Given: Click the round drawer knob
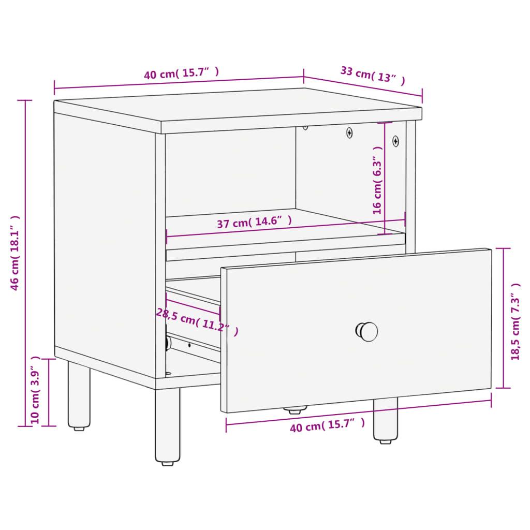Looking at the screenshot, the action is (x=367, y=331).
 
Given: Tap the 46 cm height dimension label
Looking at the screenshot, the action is (x=15, y=253).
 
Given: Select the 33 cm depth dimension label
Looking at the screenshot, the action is (x=373, y=76).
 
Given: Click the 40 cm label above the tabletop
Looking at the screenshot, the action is (x=182, y=73).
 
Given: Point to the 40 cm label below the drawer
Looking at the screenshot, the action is (x=327, y=425).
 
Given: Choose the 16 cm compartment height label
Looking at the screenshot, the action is (x=377, y=180).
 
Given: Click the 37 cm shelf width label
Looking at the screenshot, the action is (x=254, y=222).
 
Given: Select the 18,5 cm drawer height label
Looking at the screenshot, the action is (x=516, y=321).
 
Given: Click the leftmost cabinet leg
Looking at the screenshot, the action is (x=79, y=395).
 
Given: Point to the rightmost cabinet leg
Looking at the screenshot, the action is (x=385, y=420).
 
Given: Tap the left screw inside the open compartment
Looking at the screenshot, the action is (x=349, y=133).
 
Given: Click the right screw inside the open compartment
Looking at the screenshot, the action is (x=395, y=141).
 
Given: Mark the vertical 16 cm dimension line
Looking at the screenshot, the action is (x=385, y=178).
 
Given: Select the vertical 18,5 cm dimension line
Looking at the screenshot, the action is (x=504, y=318).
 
